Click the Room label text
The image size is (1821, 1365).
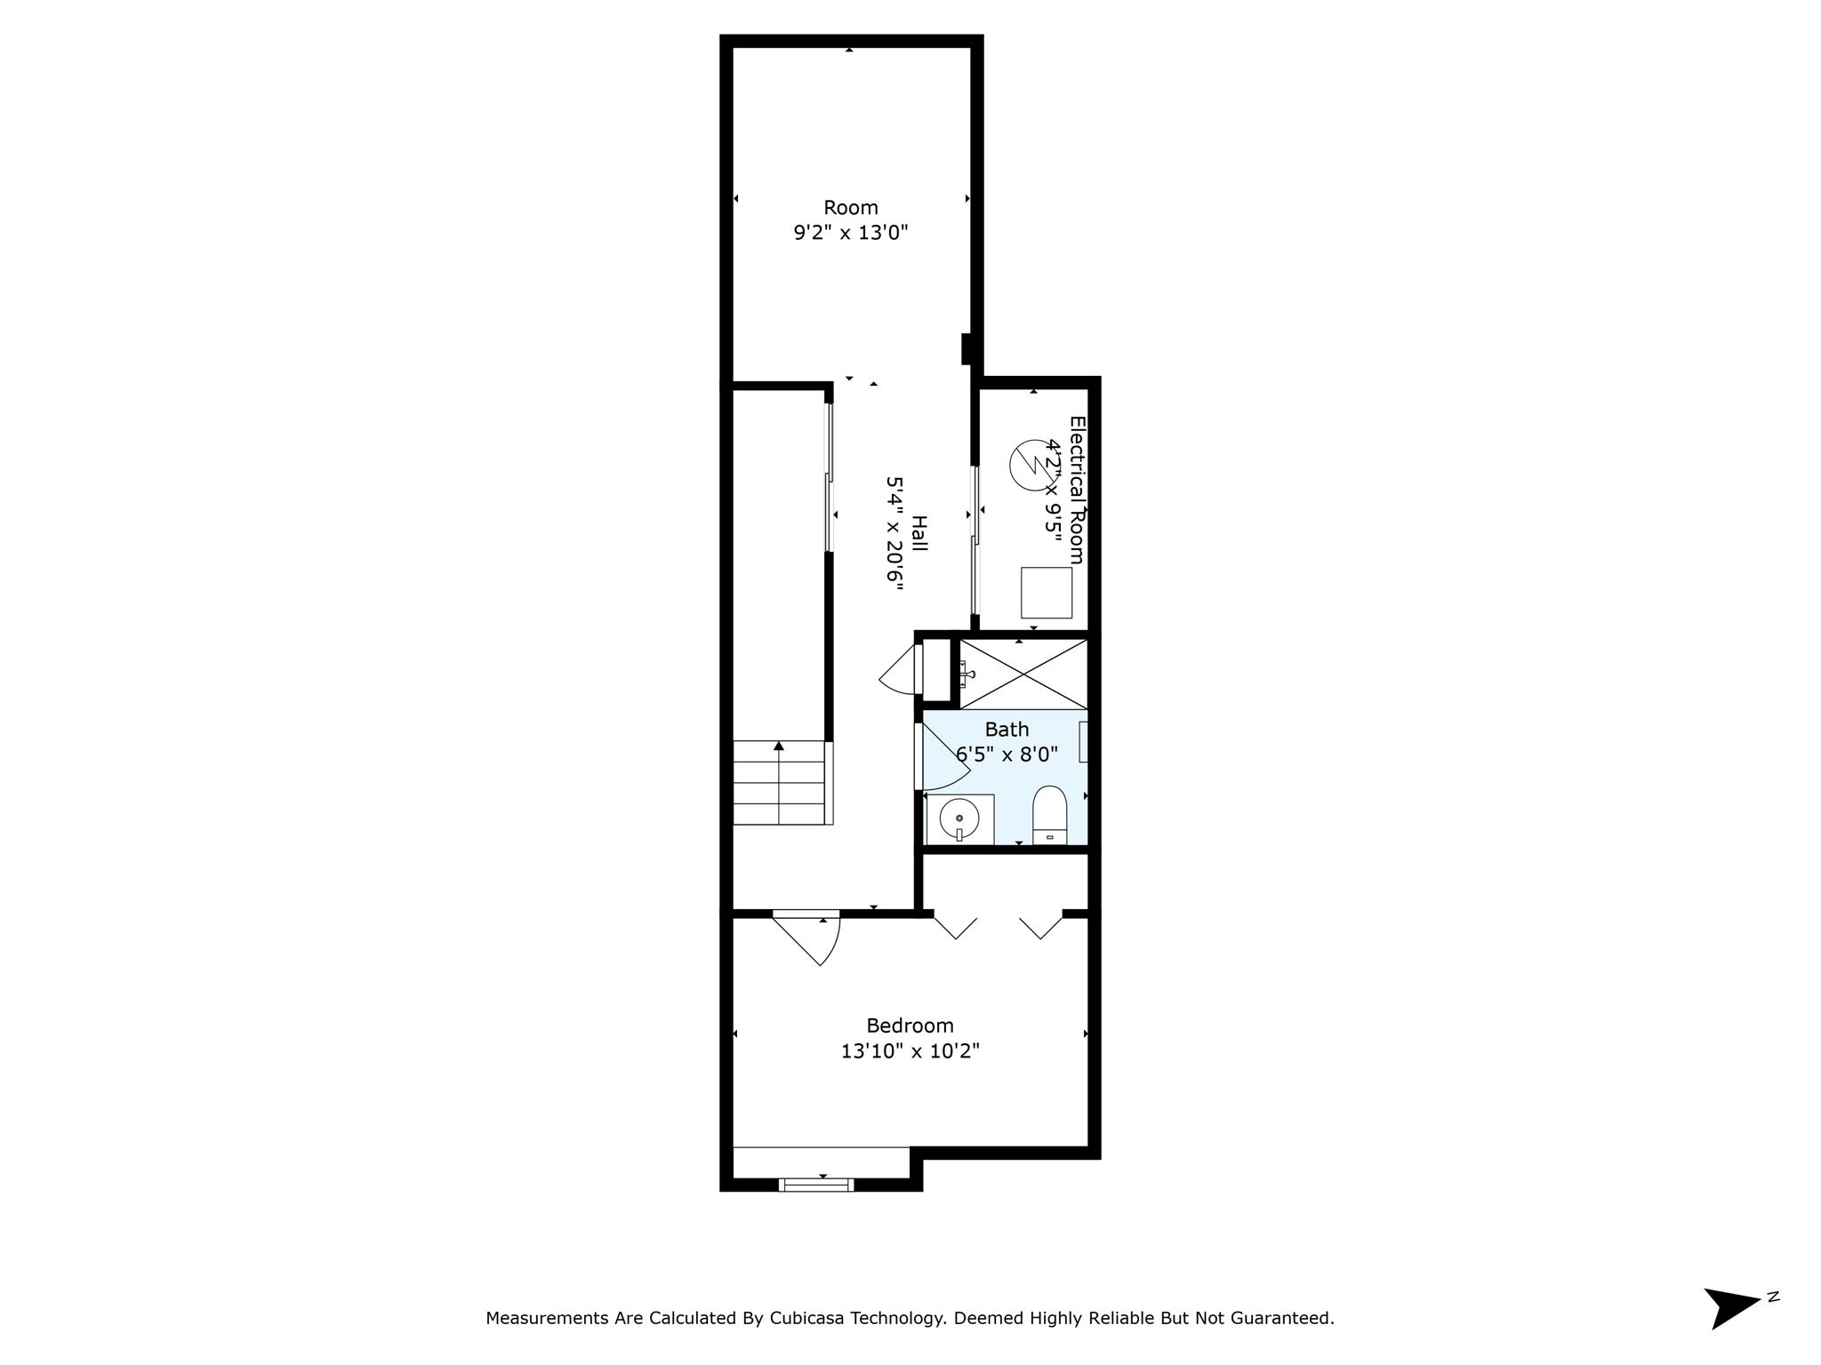click(850, 208)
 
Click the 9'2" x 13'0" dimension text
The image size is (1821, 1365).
click(850, 234)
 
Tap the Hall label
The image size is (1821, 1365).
click(919, 533)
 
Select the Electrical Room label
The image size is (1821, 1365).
click(1077, 490)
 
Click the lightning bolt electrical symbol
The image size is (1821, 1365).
click(1032, 465)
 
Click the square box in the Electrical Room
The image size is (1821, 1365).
click(1046, 593)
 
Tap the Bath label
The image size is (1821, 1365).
click(1007, 730)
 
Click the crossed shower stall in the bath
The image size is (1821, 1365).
click(1024, 675)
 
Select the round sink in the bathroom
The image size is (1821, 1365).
click(959, 817)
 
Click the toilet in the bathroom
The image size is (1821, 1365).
click(1050, 811)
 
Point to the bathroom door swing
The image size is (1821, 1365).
click(943, 758)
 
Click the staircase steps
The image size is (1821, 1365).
click(780, 783)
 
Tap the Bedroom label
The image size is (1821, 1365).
click(910, 1026)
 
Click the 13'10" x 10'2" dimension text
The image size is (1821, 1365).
click(910, 1051)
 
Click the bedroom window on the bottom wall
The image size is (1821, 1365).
click(816, 1184)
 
